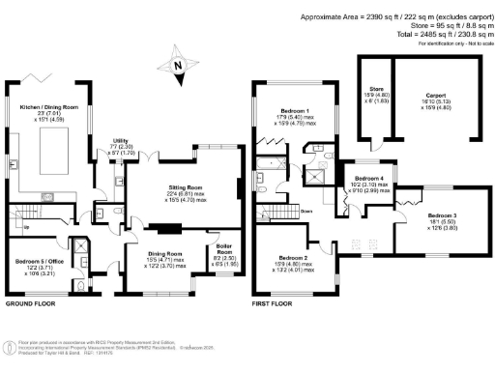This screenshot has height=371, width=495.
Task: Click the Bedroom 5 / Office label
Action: (40, 263)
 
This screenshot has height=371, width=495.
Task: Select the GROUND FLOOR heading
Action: (30, 303)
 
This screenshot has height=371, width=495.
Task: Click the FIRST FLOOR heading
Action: (274, 303)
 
